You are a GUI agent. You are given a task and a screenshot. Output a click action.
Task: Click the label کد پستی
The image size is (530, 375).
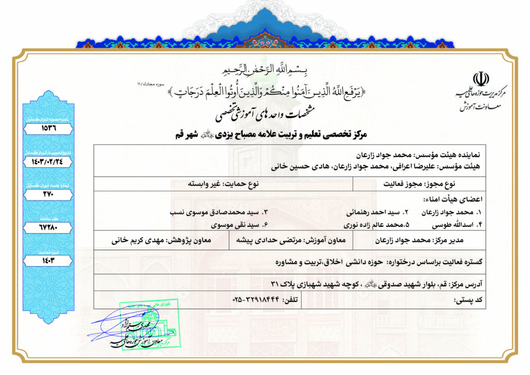tap(468, 300)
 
